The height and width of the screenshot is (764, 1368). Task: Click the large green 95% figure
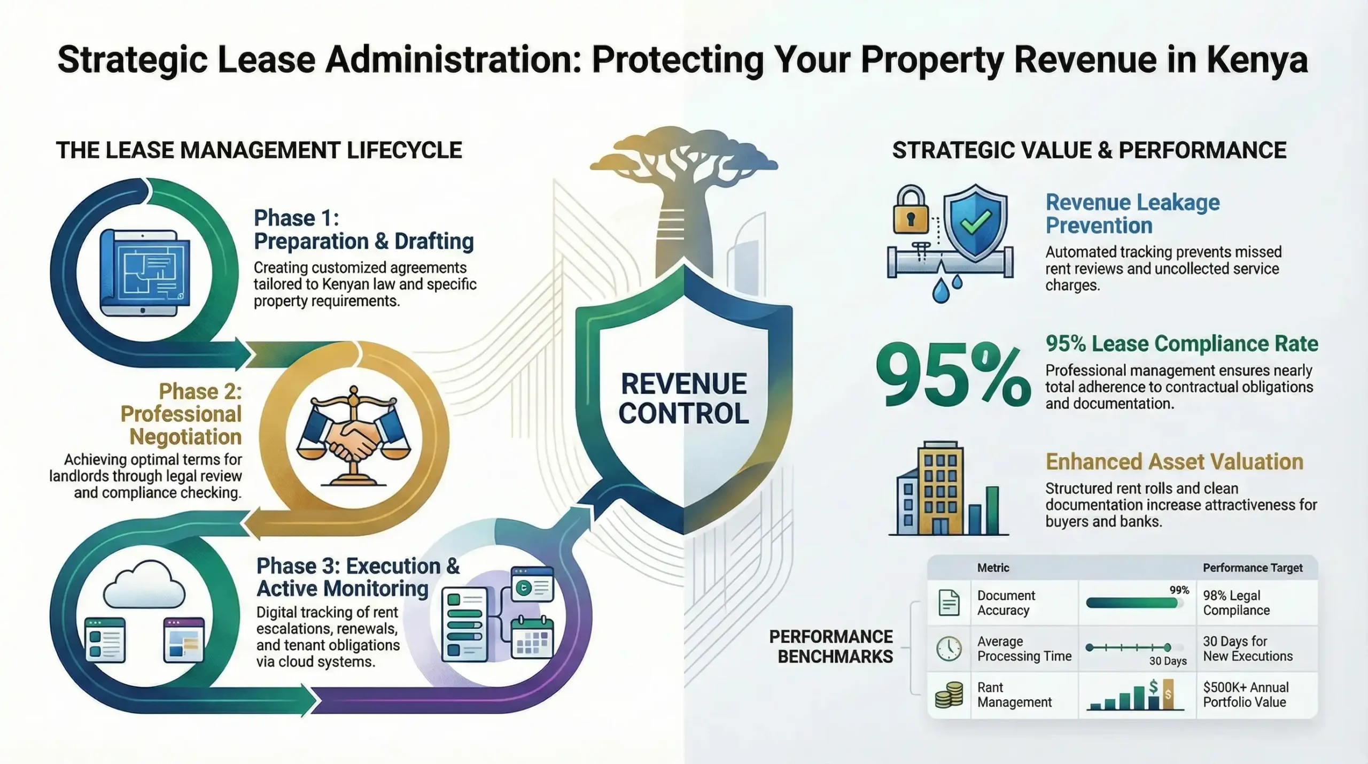953,375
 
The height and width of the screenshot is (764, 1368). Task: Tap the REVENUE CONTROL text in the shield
683,398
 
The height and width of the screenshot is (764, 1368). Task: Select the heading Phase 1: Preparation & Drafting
363,229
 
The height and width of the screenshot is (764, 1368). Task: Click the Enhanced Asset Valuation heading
1174,461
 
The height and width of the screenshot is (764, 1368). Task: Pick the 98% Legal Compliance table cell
1236,603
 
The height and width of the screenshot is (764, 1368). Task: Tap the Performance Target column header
1253,568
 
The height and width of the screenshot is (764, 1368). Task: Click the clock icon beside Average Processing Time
949,649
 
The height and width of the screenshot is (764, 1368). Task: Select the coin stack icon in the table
949,694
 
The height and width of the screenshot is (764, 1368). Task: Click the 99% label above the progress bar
1179,590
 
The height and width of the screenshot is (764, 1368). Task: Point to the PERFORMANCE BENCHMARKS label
831,646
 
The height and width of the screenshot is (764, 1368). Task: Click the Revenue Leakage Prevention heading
1132,214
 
